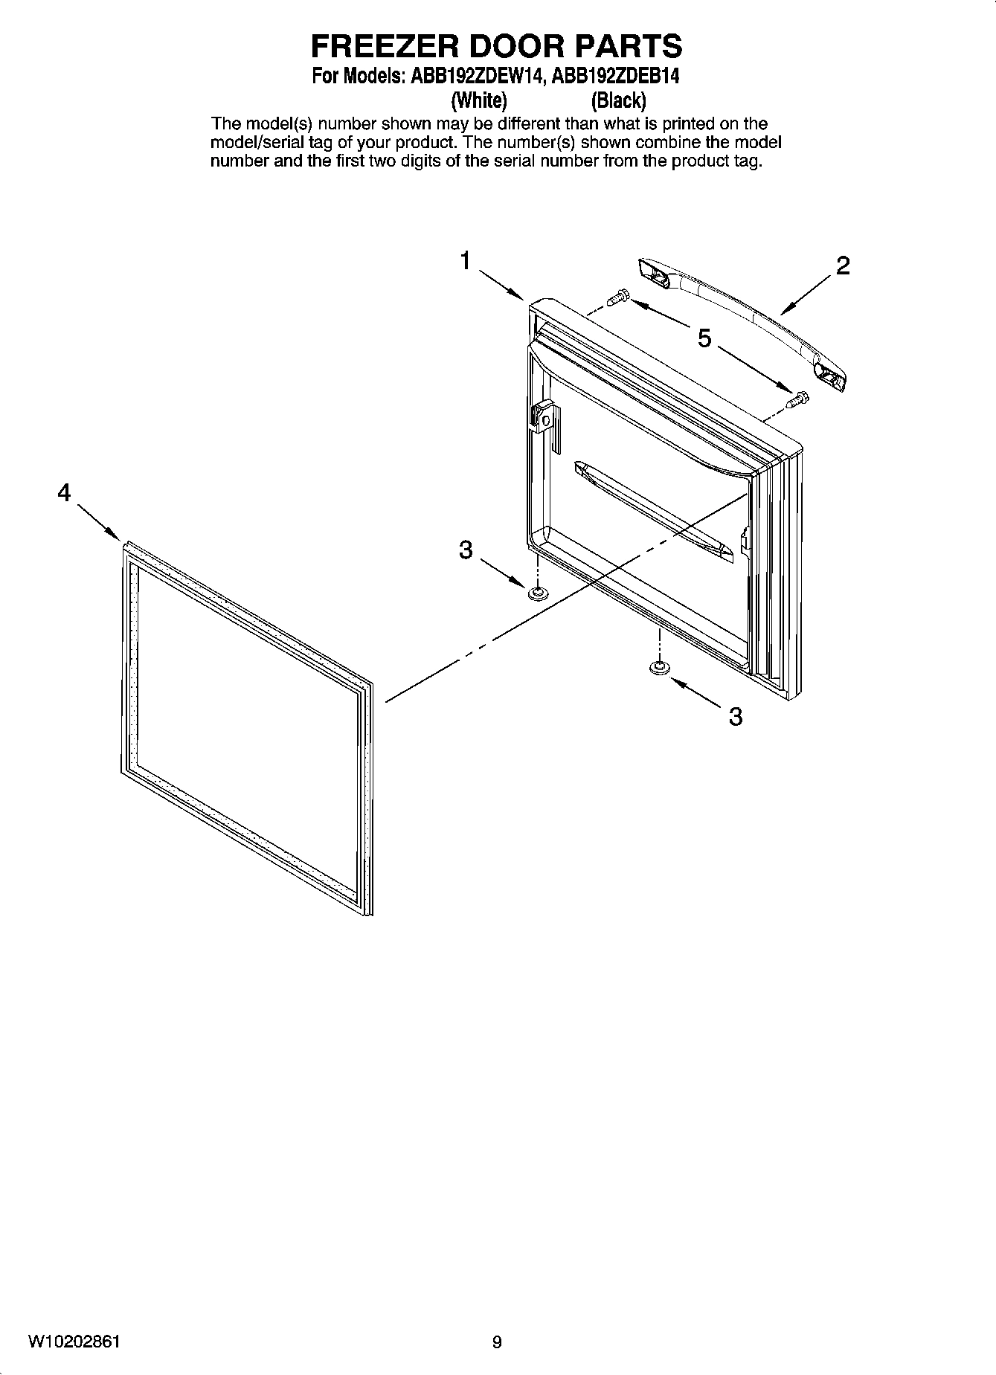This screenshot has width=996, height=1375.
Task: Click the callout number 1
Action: click(465, 261)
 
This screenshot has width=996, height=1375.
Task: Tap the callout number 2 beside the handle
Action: click(842, 265)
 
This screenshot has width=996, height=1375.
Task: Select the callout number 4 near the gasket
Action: click(65, 492)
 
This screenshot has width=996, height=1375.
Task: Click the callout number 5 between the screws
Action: click(704, 339)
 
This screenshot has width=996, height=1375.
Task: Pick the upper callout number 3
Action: click(466, 550)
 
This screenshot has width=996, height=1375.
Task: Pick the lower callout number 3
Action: click(735, 717)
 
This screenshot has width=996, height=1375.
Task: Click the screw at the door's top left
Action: click(617, 297)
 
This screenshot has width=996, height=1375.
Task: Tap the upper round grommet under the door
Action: click(536, 593)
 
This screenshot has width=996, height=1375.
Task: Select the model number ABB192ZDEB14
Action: click(616, 77)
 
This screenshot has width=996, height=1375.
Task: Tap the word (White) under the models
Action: click(480, 100)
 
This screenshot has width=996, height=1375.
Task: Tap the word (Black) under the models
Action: click(618, 100)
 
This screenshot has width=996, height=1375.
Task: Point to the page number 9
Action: click(497, 1342)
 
